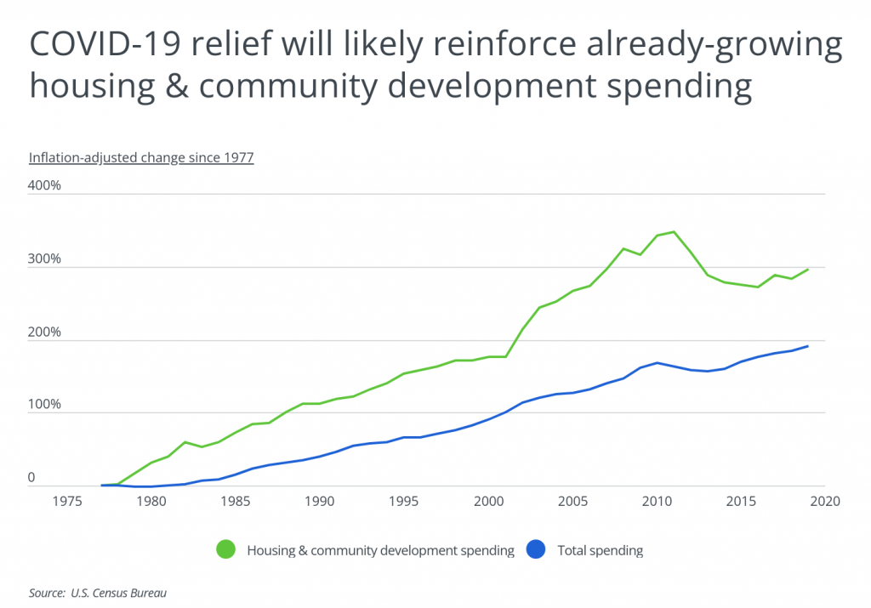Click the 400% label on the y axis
point(45,185)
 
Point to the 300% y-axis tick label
point(45,259)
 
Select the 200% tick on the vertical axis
point(45,332)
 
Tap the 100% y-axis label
point(45,405)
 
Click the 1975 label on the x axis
point(68,501)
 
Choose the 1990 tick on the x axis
point(320,501)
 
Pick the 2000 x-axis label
point(488,501)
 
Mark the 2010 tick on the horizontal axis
point(656,501)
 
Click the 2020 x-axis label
point(824,501)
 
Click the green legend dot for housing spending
point(226,550)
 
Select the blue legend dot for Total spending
point(537,550)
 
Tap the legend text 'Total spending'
point(601,550)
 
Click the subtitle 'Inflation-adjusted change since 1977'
point(141,157)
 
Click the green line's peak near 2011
point(673,231)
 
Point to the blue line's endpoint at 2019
point(807,346)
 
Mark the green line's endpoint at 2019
point(807,270)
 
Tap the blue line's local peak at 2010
point(656,363)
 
